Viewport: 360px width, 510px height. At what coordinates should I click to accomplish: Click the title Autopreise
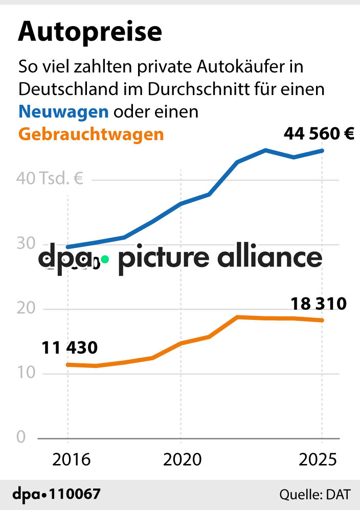pos(90,32)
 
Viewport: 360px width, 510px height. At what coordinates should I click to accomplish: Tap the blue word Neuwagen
pos(63,111)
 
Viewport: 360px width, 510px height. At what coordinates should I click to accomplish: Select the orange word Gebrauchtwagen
pos(91,134)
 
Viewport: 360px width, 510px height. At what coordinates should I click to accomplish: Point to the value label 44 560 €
pos(319,134)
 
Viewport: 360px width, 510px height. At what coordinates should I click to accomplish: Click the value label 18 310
pos(319,304)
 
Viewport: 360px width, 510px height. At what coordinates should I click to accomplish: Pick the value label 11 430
pos(69,348)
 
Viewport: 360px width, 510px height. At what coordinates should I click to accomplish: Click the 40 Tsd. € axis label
pos(50,179)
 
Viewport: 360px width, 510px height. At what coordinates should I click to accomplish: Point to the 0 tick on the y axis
pos(21,437)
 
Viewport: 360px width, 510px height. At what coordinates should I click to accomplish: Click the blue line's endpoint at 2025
pos(322,150)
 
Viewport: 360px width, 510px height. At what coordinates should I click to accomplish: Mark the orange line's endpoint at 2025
pos(322,320)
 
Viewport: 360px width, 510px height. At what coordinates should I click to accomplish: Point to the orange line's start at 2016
pos(68,364)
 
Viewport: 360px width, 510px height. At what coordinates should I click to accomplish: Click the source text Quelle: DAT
pos(314,495)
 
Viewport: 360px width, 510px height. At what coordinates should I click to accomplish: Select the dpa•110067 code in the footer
pos(56,494)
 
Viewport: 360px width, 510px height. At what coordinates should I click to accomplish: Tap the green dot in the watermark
pos(104,259)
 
